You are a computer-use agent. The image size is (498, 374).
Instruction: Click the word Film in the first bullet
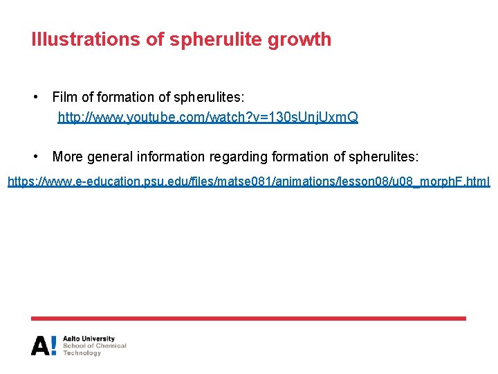(65, 97)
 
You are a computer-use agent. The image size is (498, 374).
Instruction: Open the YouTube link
(207, 118)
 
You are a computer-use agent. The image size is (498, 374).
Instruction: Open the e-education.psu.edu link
(248, 182)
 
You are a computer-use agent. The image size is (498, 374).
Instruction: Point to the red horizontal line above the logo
(248, 319)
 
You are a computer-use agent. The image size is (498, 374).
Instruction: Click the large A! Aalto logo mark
(44, 345)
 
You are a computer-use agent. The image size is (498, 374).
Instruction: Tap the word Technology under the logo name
(82, 353)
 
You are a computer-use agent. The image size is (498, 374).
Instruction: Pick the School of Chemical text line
(95, 346)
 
